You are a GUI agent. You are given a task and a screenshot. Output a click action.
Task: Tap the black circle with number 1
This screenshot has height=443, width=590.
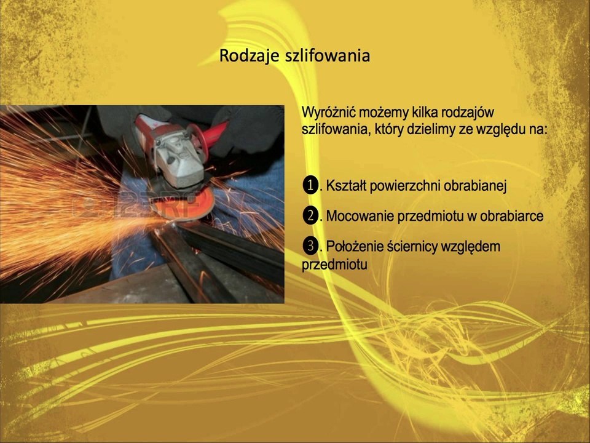pyautogui.click(x=310, y=185)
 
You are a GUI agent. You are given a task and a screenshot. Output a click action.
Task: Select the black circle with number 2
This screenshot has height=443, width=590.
pyautogui.click(x=310, y=216)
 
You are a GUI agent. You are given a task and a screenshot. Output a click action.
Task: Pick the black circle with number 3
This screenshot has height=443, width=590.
pyautogui.click(x=310, y=246)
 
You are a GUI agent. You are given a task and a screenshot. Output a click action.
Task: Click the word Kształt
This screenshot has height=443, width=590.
pyautogui.click(x=346, y=186)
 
